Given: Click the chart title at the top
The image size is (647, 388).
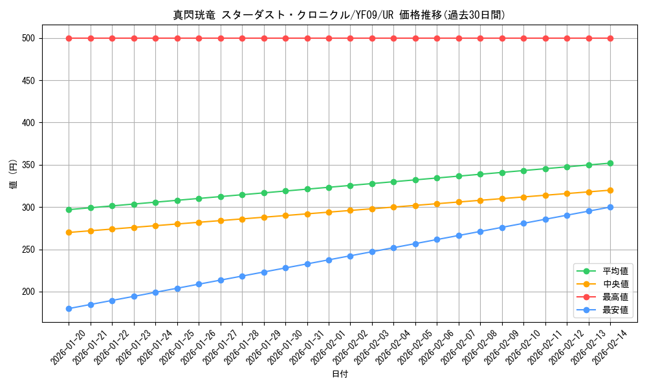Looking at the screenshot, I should (x=339, y=15).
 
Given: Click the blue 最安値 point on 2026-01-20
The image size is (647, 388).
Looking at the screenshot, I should (x=69, y=308).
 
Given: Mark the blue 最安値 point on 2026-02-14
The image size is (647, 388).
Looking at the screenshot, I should (x=610, y=207).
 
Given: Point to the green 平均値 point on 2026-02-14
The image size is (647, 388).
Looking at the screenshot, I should (x=610, y=163).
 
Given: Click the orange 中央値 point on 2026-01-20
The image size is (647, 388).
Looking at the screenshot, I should (x=69, y=232).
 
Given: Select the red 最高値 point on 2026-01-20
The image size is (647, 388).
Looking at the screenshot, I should (x=69, y=38).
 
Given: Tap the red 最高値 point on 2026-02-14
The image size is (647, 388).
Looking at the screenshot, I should (x=610, y=38).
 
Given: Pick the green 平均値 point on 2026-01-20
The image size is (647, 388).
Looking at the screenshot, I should (x=69, y=210).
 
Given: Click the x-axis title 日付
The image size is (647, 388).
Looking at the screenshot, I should (x=340, y=374).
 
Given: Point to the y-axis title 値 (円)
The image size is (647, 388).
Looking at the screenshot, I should (x=14, y=175).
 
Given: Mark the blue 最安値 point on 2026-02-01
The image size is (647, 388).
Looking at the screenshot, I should (x=329, y=260).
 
